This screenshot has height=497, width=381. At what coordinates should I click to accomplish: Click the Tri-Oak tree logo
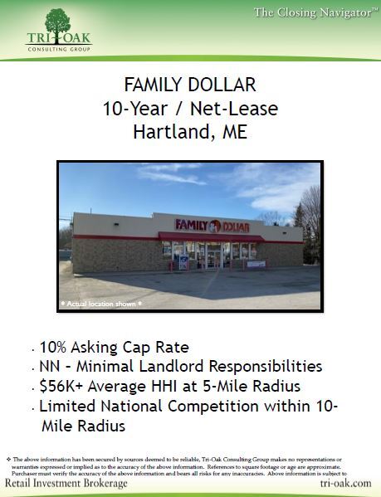(57, 22)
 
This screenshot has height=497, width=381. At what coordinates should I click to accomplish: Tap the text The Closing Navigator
(313, 12)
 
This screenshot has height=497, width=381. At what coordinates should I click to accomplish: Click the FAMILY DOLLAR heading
(189, 85)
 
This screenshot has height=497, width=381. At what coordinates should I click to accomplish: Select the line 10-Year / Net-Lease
(190, 109)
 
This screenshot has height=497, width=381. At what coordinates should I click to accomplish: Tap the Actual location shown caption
(102, 304)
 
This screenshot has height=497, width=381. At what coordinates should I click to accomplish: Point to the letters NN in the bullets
(51, 366)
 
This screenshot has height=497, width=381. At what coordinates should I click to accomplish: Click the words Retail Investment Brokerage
(67, 483)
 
